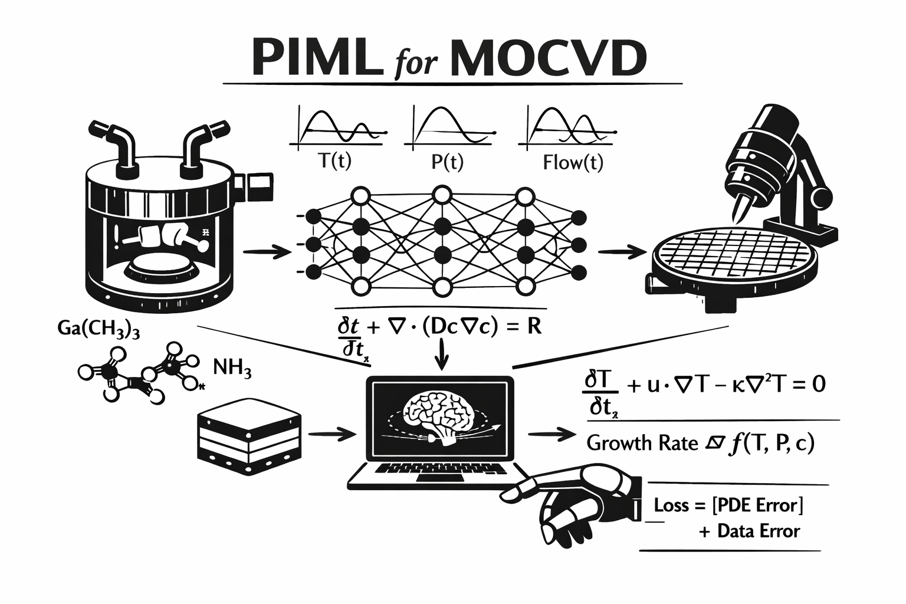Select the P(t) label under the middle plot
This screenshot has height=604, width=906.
447,162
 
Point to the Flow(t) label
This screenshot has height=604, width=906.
573,162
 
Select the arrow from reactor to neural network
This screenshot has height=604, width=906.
267,252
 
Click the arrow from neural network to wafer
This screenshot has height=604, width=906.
622,252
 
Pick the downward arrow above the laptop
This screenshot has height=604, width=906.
442,353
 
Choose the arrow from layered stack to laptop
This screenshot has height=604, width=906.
332,434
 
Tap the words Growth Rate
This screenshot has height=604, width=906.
642,444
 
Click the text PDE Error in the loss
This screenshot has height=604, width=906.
757,505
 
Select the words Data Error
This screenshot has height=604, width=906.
759,531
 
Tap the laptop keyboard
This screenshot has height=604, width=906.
441,469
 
